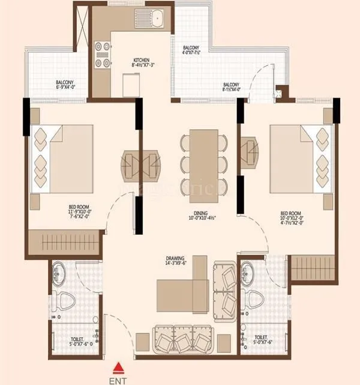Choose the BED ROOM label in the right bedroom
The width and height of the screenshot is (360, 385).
291,213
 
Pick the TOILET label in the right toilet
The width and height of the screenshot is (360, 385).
262,338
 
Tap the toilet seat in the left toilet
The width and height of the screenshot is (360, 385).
62,298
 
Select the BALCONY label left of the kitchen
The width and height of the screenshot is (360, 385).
65,83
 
